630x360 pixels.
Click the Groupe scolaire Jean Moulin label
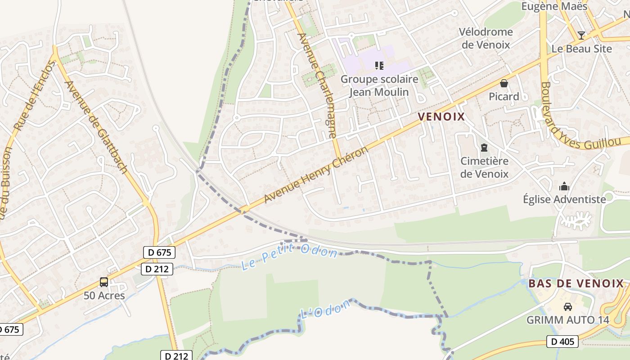point(379,85)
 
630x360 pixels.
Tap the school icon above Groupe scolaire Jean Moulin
point(379,66)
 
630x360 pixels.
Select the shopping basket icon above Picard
point(504,83)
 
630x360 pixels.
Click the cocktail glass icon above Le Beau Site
point(581,35)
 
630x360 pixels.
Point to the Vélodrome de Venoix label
point(486,38)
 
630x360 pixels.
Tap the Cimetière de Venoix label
point(484,167)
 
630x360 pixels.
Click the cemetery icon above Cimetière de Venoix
point(484,148)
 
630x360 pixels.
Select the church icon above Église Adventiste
point(564,186)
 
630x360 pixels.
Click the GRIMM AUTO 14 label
point(568,320)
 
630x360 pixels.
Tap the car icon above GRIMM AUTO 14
point(568,307)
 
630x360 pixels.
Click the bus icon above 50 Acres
point(104,282)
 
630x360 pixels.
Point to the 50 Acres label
point(104,296)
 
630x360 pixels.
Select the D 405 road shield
point(562,342)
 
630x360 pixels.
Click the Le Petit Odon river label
point(289,256)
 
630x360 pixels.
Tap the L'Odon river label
point(325,309)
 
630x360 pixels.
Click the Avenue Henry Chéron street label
point(316,175)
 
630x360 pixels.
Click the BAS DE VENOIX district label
point(576,283)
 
